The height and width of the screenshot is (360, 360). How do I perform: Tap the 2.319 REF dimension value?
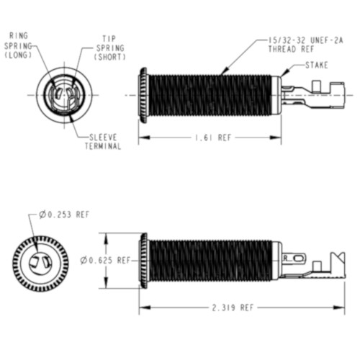click(x=232, y=307)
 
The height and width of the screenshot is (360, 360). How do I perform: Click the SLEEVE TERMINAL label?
click(x=104, y=141)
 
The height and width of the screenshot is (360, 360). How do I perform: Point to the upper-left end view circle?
click(x=63, y=94)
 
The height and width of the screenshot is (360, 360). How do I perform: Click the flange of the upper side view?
click(x=143, y=94)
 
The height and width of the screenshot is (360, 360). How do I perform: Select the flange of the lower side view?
click(x=143, y=260)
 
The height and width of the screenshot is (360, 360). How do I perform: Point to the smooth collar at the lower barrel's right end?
click(x=276, y=260)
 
